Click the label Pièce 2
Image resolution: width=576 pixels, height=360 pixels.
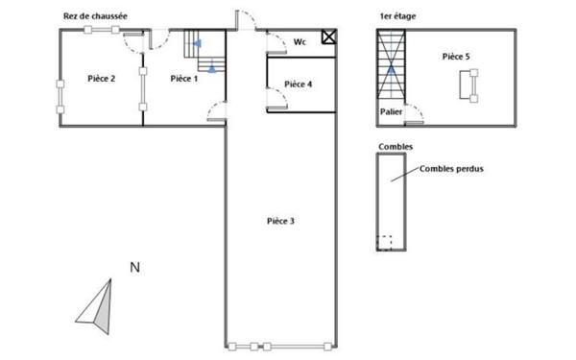pyautogui.click(x=101, y=79)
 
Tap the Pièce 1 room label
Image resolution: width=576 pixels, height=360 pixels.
pyautogui.click(x=183, y=79)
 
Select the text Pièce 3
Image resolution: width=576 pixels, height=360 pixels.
pyautogui.click(x=280, y=221)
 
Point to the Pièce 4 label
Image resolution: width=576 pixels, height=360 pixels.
pyautogui.click(x=299, y=84)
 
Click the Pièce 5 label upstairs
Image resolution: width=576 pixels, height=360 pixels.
pyautogui.click(x=456, y=58)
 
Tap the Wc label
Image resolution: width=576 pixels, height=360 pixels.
pyautogui.click(x=300, y=42)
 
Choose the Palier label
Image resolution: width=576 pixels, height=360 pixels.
pyautogui.click(x=391, y=110)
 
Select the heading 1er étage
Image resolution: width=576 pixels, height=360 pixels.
pyautogui.click(x=397, y=17)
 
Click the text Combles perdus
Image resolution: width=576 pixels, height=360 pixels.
pyautogui.click(x=450, y=169)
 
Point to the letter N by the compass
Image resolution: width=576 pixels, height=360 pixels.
pyautogui.click(x=135, y=268)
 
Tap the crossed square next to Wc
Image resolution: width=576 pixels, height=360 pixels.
pyautogui.click(x=328, y=37)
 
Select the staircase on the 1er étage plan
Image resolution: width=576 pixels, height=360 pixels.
pyautogui.click(x=392, y=65)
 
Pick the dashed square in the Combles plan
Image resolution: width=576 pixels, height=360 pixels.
pyautogui.click(x=384, y=242)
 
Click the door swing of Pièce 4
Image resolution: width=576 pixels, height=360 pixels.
pyautogui.click(x=276, y=96)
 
